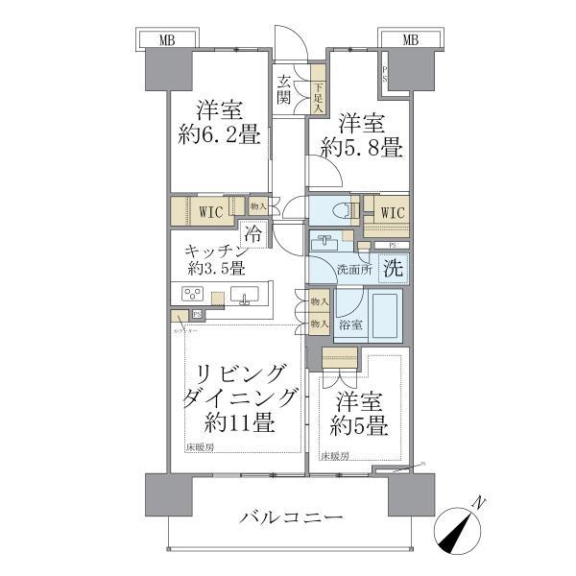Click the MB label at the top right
[410, 39]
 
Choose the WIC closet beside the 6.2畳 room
[213, 211]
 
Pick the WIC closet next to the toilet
[392, 211]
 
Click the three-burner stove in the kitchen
[190, 295]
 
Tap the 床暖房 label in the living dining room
[202, 447]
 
